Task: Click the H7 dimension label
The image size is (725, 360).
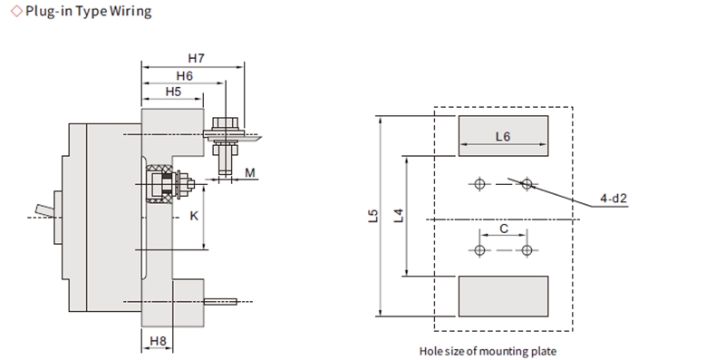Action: click(x=196, y=58)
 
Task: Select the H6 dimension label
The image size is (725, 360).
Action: click(x=184, y=76)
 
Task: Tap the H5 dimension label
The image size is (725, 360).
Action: click(x=173, y=92)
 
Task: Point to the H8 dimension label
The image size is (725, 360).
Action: click(x=158, y=341)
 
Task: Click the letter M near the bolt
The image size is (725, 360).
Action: click(x=250, y=173)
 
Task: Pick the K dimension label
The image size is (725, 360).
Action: click(x=194, y=216)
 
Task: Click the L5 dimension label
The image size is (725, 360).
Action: click(x=373, y=216)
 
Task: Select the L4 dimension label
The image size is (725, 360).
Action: click(x=399, y=216)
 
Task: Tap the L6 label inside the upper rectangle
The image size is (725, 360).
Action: click(x=503, y=137)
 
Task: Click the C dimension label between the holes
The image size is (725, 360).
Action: click(x=504, y=229)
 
